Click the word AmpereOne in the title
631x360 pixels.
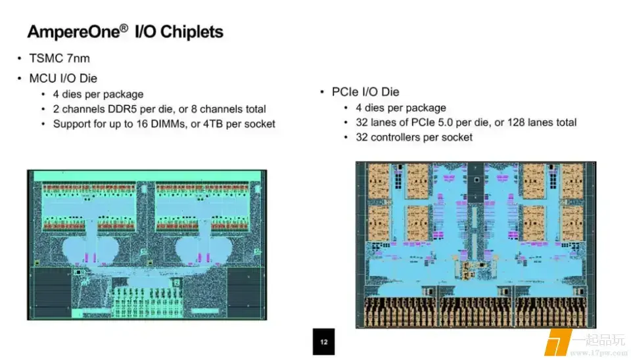(74, 32)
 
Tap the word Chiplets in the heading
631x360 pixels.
(191, 32)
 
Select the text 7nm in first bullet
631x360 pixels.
(78, 58)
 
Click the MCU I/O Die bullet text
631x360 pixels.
(63, 78)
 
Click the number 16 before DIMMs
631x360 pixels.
(142, 124)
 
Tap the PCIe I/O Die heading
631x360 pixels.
(365, 92)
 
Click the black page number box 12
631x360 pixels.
(323, 342)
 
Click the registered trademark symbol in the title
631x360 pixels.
(124, 28)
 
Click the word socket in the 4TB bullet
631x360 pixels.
(261, 124)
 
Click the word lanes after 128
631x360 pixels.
(538, 122)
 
